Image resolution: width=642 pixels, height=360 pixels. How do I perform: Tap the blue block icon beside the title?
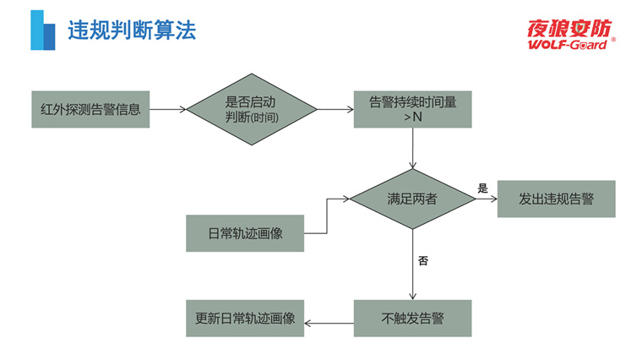[x=42, y=30]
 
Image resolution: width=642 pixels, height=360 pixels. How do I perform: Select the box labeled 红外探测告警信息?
[x=90, y=109]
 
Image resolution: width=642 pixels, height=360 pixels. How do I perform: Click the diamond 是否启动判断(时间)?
[x=251, y=109]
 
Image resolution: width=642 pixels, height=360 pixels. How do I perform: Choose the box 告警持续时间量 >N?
[x=412, y=109]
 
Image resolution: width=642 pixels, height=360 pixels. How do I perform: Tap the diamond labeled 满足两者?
[x=412, y=199]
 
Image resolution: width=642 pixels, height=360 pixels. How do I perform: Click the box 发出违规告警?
[x=556, y=199]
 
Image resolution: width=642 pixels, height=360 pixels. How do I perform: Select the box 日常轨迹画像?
[x=245, y=233]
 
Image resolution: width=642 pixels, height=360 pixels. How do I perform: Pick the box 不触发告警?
[x=412, y=319]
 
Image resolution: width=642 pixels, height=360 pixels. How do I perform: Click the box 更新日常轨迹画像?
[x=245, y=319]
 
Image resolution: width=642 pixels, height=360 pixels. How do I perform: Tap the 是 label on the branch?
[x=483, y=188]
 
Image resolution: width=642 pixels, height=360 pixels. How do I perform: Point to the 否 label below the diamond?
[x=423, y=261]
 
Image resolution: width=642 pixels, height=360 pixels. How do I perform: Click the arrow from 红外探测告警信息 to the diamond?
[x=167, y=109]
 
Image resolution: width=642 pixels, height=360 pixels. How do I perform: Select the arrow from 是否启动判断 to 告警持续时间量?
[x=335, y=109]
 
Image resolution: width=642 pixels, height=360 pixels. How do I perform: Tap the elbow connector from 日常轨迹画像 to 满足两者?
[x=327, y=216]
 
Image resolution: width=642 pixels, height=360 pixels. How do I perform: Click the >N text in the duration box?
[x=412, y=117]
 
